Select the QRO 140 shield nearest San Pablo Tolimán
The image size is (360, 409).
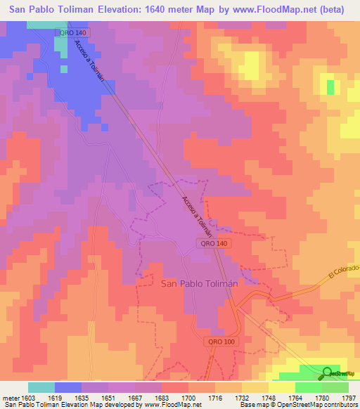(x=212, y=242)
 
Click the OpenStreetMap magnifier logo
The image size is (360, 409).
(x=327, y=373)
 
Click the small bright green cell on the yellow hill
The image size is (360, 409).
(x=330, y=87)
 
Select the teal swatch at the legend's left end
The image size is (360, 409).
(x=41, y=387)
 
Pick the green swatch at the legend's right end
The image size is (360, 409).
(x=335, y=387)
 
